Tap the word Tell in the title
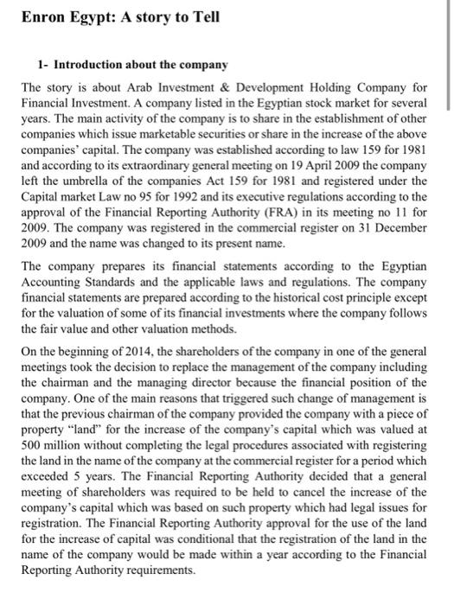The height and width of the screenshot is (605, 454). click(x=203, y=16)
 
